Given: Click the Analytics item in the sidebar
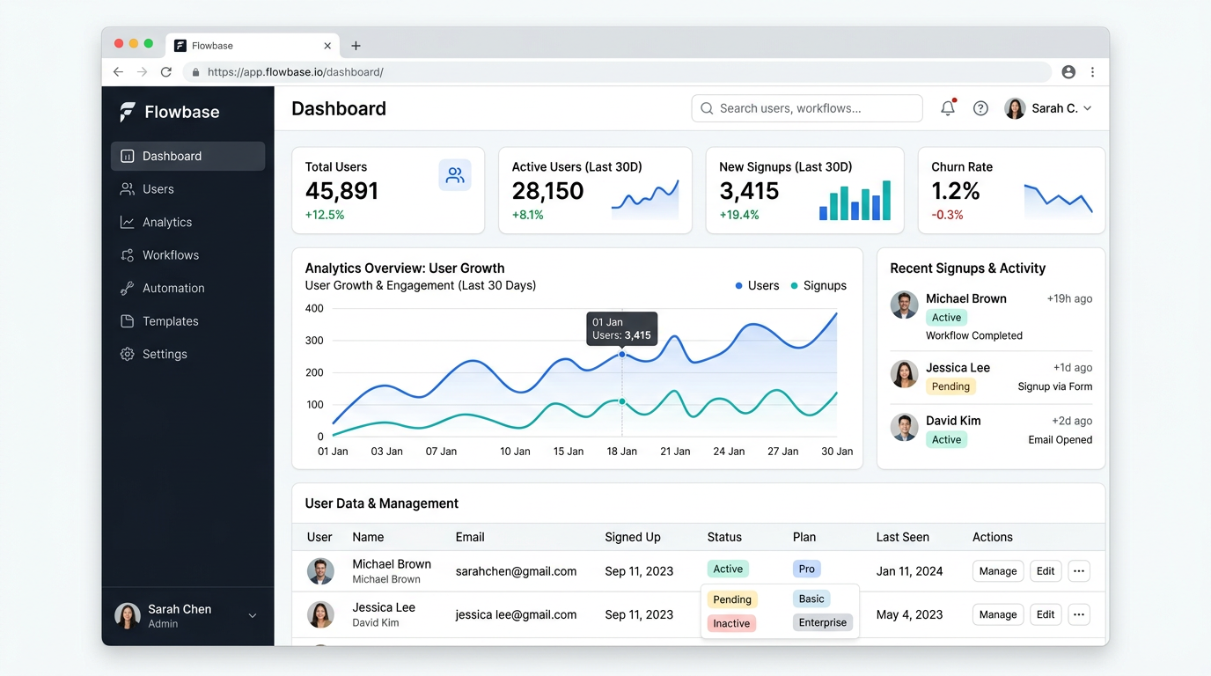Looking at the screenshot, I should pyautogui.click(x=166, y=223).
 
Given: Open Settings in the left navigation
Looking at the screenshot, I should pyautogui.click(x=165, y=355).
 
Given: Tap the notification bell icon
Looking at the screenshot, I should pyautogui.click(x=948, y=108).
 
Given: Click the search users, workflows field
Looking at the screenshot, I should pyautogui.click(x=807, y=108).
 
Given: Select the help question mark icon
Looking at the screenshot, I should pyautogui.click(x=980, y=108).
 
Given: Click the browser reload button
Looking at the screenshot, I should pyautogui.click(x=166, y=72).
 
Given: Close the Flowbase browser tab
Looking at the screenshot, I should pyautogui.click(x=327, y=46).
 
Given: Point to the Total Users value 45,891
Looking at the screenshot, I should pyautogui.click(x=341, y=191).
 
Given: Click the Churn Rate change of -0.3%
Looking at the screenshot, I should pyautogui.click(x=947, y=215).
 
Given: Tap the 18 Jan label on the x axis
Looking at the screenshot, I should pyautogui.click(x=621, y=452).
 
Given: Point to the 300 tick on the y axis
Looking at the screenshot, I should pyautogui.click(x=314, y=341).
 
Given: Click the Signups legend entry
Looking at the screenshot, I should pyautogui.click(x=818, y=286).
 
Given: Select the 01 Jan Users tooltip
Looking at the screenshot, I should pyautogui.click(x=621, y=328).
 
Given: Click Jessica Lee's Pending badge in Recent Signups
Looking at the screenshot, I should pyautogui.click(x=950, y=386).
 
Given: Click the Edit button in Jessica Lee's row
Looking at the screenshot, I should pyautogui.click(x=1045, y=615).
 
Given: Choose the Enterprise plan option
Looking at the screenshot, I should pyautogui.click(x=822, y=623).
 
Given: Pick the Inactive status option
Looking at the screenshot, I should pyautogui.click(x=731, y=624).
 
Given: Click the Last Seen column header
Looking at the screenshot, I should pyautogui.click(x=902, y=537).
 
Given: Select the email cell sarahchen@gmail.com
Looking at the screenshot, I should pyautogui.click(x=516, y=571).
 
